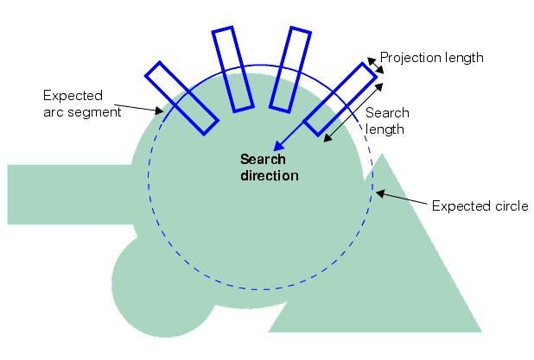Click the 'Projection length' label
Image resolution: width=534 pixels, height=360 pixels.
tap(431, 58)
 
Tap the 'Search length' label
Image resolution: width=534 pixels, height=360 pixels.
tap(387, 121)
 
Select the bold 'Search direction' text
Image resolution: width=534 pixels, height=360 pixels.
tap(269, 167)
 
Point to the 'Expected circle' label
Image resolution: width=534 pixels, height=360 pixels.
tap(480, 206)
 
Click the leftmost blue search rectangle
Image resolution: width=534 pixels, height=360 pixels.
tap(181, 98)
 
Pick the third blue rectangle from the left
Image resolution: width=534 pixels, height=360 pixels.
tap(289, 69)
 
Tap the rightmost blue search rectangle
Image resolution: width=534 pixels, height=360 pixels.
tap(342, 98)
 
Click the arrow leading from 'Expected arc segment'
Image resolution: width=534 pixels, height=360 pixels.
tap(138, 109)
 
